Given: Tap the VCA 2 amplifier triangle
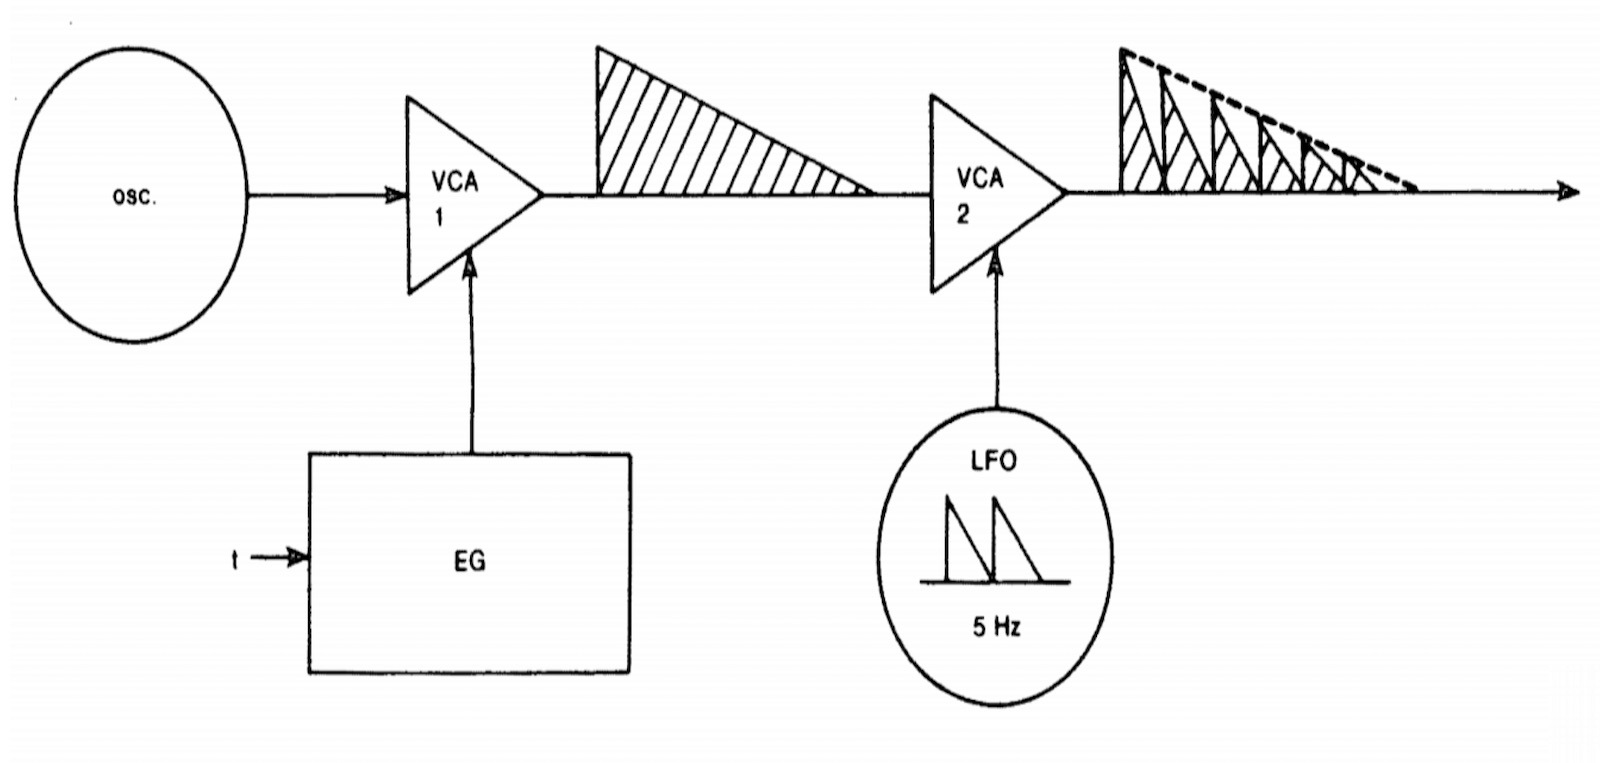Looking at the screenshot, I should coord(985,193).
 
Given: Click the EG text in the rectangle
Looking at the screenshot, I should coord(470,562).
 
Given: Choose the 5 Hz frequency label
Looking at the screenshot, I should coord(997,629).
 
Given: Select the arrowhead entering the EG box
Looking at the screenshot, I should coord(298,558).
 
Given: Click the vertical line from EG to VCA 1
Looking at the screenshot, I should coord(471,370).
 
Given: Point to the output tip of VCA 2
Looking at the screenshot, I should coord(1064,192).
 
